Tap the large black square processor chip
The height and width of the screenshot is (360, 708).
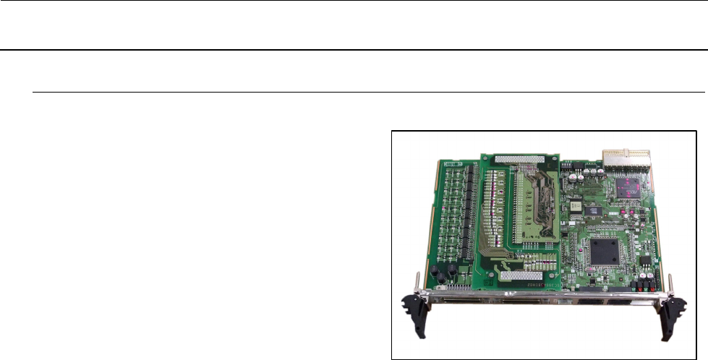click(x=604, y=251)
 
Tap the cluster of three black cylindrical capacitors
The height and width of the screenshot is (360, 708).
click(x=442, y=273)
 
